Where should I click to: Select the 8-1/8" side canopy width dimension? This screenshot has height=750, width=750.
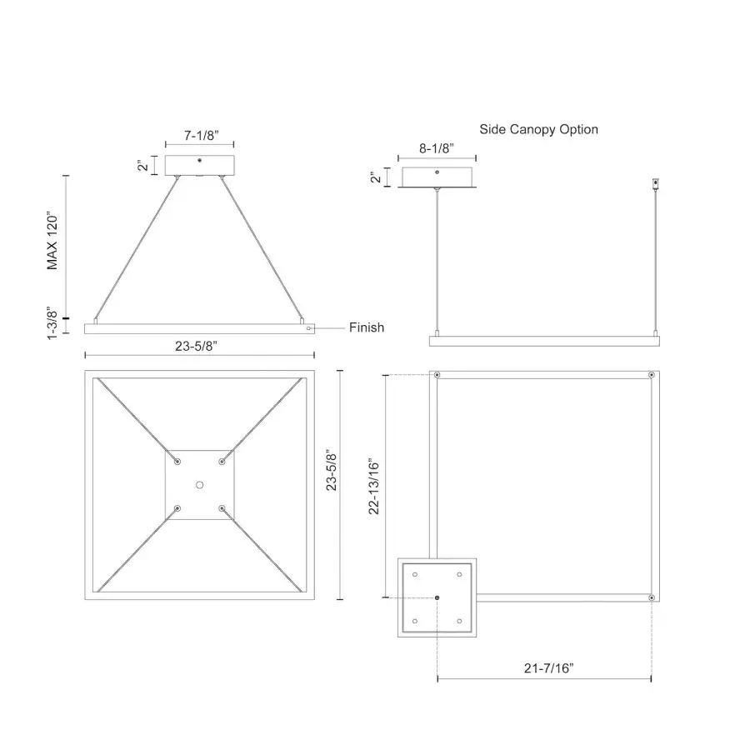[437, 148]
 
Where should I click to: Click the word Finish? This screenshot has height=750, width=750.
[367, 327]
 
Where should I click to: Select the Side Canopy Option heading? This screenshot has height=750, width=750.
[538, 129]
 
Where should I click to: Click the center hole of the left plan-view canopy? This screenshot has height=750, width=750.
[199, 484]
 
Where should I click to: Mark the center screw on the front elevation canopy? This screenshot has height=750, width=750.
[199, 160]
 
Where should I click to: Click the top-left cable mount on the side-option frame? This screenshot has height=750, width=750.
[437, 375]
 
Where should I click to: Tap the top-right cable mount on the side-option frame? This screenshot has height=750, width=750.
[651, 375]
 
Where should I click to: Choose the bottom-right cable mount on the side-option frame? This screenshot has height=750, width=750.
[651, 597]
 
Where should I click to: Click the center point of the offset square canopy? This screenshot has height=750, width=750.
[437, 597]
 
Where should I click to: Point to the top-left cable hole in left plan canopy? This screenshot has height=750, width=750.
[177, 461]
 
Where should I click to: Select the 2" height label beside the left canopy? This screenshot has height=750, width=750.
[143, 165]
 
